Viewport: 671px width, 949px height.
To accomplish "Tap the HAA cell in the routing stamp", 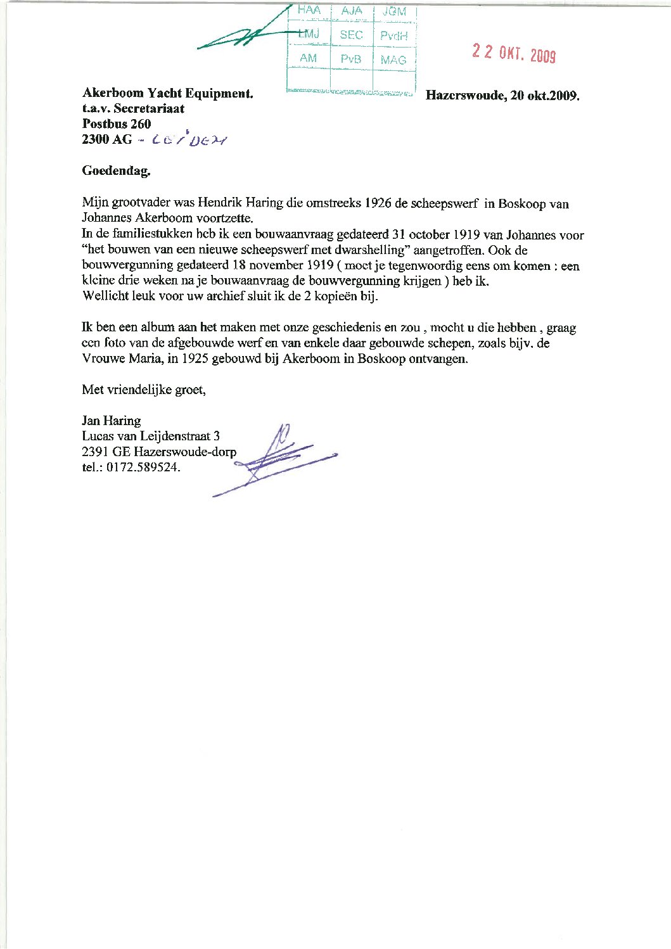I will click(x=309, y=11).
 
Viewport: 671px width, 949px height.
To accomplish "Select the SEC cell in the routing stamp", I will click(x=351, y=35).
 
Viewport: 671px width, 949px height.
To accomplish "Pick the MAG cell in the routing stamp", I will click(x=393, y=60).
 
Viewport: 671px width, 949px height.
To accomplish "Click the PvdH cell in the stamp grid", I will click(x=393, y=35).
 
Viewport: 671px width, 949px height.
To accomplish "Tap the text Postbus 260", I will click(x=117, y=124).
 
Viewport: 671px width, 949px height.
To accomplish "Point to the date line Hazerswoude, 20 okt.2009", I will click(x=503, y=96).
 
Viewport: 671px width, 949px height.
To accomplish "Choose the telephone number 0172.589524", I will click(x=143, y=468).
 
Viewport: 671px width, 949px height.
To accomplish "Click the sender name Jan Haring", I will click(x=112, y=421).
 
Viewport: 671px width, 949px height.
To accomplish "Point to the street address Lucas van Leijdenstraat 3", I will click(x=151, y=436).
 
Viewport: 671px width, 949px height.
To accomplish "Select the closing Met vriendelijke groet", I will click(x=144, y=390).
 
